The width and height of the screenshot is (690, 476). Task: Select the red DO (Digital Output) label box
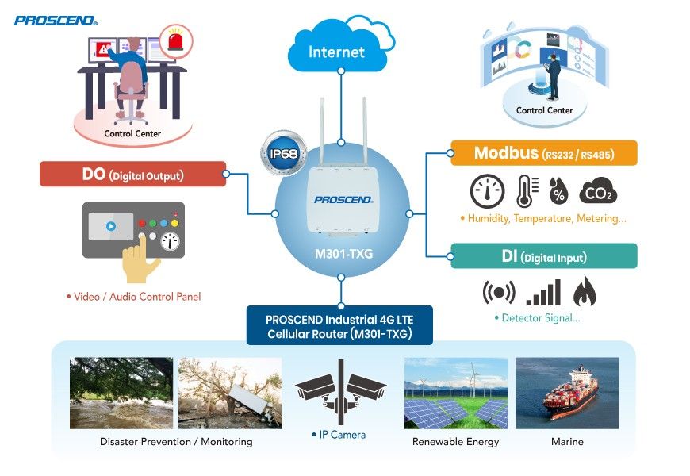132,174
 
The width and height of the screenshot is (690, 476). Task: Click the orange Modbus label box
543,153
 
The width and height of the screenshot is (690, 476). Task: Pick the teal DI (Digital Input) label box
543,256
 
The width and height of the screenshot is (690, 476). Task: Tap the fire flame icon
585,292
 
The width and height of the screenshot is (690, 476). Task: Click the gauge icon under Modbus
487,191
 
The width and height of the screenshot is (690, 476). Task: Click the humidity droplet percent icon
560,193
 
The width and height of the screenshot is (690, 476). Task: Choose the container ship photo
567,393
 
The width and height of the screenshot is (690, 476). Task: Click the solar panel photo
455,393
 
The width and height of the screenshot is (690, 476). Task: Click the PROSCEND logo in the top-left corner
54,20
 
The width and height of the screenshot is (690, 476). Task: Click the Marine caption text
567,441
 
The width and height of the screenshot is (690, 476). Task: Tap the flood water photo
121,393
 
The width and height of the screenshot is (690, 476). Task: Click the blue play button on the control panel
110,226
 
